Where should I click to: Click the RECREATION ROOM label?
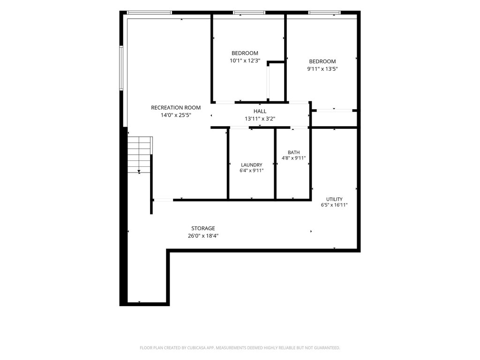176,107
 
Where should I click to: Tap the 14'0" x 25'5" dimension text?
176,115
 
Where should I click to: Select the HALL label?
260,111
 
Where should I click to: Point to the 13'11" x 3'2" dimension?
260,119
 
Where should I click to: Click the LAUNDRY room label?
252,165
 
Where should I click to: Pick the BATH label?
293,152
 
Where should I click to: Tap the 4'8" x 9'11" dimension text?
293,158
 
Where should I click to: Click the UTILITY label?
334,199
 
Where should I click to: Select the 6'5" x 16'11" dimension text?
334,205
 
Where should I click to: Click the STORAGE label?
203,228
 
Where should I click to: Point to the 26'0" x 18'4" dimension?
203,236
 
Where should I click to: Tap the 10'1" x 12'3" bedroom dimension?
245,60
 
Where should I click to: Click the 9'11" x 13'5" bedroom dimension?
322,69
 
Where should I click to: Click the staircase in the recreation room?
140,155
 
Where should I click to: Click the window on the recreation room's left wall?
121,68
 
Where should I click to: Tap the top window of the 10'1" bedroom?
249,13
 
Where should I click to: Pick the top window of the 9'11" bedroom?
324,13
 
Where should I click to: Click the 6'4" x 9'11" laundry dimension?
252,171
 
